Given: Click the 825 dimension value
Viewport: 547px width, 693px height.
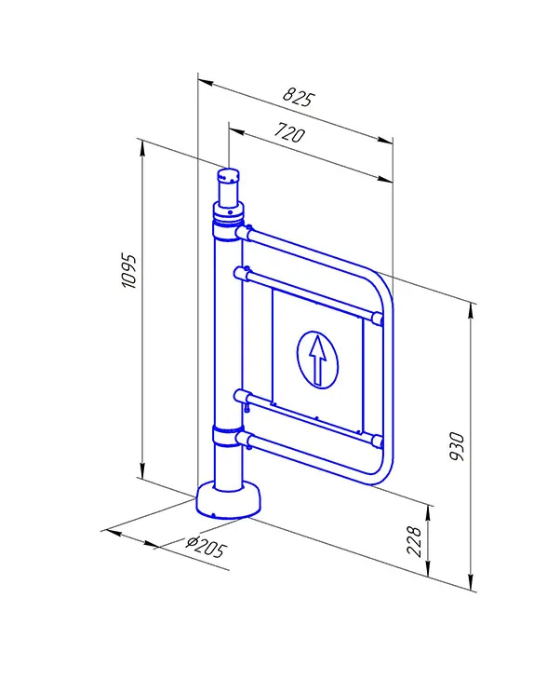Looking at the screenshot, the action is [298, 97].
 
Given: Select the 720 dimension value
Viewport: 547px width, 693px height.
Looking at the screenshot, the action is [289, 132].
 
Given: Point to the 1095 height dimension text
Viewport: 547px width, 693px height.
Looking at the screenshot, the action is [129, 271].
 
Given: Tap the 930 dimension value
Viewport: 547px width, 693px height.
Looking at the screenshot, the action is [458, 446].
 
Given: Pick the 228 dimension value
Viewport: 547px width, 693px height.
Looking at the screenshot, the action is [415, 541].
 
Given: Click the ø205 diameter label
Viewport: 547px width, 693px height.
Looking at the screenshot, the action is [207, 548].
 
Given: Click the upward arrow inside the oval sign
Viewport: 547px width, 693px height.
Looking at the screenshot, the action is [317, 360].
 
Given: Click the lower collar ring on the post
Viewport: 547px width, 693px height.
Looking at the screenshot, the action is [228, 436].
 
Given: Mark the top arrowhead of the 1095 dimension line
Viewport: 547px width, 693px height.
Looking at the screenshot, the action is [142, 148].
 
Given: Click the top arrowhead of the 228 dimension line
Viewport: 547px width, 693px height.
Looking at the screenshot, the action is [428, 512].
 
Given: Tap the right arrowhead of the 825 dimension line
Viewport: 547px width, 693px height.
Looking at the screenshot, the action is [385, 140].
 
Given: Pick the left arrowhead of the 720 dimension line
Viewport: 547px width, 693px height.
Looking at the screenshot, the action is [236, 130].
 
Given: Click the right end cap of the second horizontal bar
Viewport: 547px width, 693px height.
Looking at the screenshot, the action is [378, 319].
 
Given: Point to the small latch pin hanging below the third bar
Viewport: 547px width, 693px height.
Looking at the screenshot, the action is [247, 405].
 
